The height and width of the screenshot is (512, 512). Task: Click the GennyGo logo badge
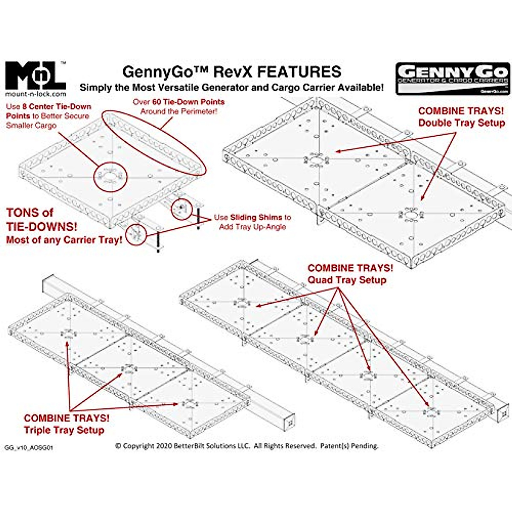tap(453, 78)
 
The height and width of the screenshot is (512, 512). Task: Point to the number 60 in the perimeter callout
tap(157, 102)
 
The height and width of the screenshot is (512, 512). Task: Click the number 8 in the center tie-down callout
tap(25, 107)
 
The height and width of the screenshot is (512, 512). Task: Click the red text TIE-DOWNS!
tap(42, 226)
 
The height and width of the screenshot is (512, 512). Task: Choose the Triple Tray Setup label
tap(64, 430)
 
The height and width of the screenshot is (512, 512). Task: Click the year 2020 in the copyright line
tap(165, 446)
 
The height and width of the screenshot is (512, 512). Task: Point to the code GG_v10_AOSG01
tap(29, 448)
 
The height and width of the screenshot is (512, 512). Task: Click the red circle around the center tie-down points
tap(110, 176)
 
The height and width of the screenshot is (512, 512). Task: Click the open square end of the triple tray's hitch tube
tap(290, 422)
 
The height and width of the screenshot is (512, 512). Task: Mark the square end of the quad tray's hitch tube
tap(504, 413)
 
